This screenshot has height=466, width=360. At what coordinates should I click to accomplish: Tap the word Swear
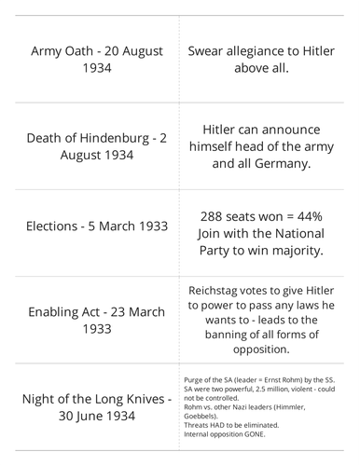pyautogui.click(x=211, y=50)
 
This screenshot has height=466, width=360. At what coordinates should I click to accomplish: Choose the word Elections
pyautogui.click(x=59, y=226)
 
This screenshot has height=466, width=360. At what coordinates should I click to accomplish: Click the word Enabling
pyautogui.click(x=60, y=312)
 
